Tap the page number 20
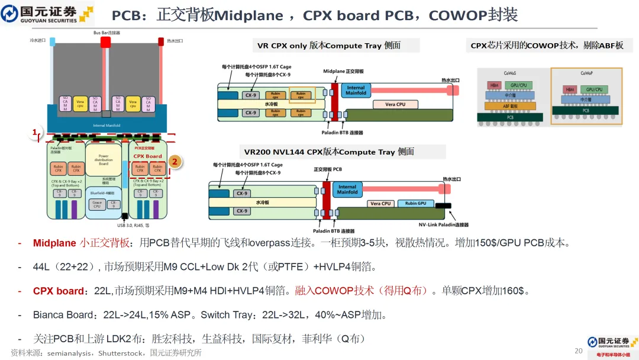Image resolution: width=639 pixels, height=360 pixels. (x=579, y=351)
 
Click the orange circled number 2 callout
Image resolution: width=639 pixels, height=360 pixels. (x=174, y=161)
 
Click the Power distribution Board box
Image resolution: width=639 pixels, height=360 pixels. (x=104, y=159)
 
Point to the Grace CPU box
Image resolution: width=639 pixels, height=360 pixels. (x=97, y=204)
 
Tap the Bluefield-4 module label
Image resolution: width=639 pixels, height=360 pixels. (x=104, y=193)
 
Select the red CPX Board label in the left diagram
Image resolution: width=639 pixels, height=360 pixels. (x=147, y=156)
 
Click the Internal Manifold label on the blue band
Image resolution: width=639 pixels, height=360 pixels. (x=107, y=126)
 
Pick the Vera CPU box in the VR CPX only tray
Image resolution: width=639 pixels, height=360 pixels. (x=395, y=104)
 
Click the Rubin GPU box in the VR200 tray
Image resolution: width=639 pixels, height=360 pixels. (x=415, y=204)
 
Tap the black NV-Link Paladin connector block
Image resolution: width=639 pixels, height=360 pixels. (x=443, y=206)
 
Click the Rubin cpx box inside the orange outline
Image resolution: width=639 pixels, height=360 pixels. (x=301, y=94)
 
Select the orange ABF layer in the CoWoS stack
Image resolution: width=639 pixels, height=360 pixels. (x=509, y=106)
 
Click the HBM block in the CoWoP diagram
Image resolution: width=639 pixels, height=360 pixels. (x=569, y=89)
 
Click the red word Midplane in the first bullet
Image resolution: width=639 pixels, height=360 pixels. (x=54, y=243)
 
